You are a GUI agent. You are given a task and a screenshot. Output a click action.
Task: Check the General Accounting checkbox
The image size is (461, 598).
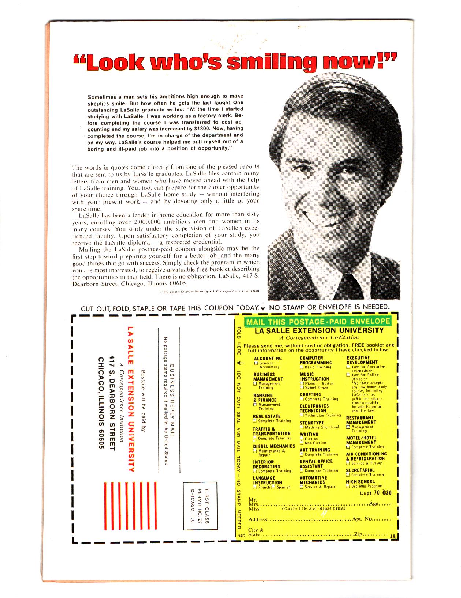pyautogui.click(x=256, y=363)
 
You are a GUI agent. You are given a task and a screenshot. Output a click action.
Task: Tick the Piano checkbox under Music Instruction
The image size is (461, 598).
pyautogui.click(x=302, y=383)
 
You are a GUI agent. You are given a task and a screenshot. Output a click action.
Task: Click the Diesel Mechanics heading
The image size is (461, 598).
pyautogui.click(x=274, y=446)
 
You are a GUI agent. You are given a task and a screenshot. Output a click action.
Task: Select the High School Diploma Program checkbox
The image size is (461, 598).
pyautogui.click(x=348, y=486)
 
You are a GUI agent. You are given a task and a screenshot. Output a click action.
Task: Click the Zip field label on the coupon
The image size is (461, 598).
pyautogui.click(x=358, y=534)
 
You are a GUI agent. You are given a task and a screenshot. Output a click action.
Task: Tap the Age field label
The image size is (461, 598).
pyautogui.click(x=373, y=503)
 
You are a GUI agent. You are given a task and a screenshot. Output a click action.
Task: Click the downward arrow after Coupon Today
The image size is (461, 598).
pyautogui.click(x=263, y=308)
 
